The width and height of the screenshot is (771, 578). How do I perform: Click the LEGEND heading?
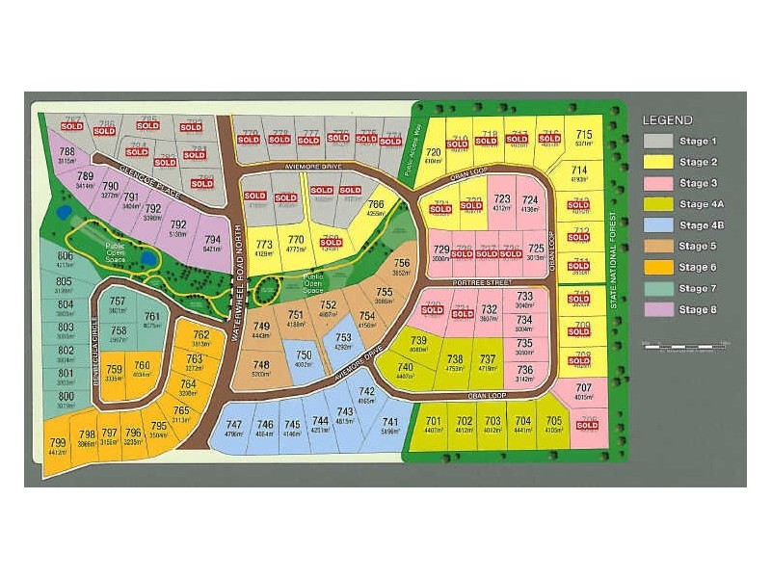click(667, 120)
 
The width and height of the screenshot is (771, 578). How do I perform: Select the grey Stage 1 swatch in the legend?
click(657, 142)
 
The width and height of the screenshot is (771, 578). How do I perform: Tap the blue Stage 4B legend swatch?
click(657, 225)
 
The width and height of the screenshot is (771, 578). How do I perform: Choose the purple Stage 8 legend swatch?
click(657, 309)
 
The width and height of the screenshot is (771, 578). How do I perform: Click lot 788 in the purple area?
click(66, 156)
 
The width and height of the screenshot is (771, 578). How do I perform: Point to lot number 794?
click(213, 243)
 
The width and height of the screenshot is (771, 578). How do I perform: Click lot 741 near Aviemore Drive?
click(390, 425)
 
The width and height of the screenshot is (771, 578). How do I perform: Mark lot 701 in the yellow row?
click(433, 425)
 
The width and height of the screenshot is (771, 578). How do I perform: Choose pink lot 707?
click(583, 390)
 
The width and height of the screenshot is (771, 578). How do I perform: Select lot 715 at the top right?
click(583, 138)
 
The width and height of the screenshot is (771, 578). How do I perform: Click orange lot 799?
click(57, 445)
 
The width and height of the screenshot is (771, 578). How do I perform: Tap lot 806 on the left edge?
click(65, 259)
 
